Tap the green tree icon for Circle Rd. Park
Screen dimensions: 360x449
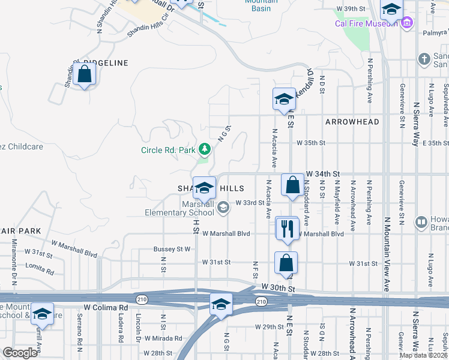tap(205, 148)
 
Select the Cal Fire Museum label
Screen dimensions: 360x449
tap(366, 24)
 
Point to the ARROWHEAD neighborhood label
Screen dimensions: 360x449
tap(352, 122)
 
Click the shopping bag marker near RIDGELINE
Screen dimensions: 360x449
tap(85, 74)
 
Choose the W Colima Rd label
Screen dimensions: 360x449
tap(106, 307)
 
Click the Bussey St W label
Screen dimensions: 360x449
tap(172, 248)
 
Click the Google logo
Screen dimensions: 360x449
tap(20, 353)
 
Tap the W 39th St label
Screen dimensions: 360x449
tap(351, 9)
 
